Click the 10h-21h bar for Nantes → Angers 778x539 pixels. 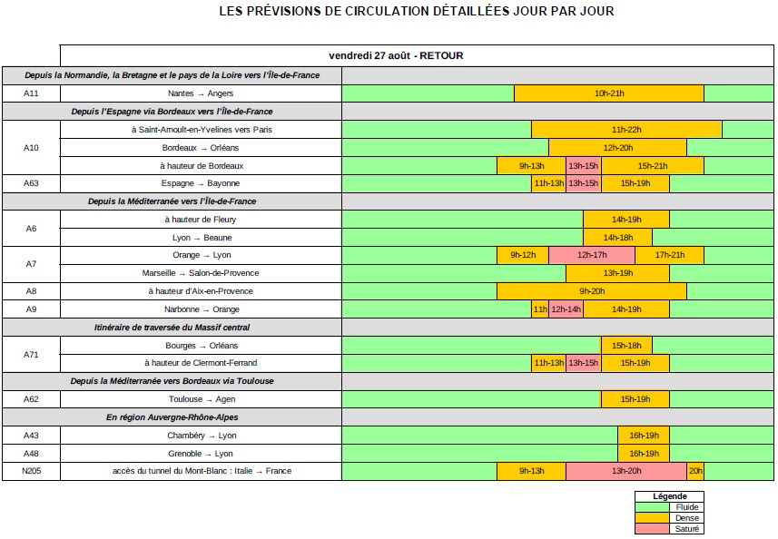coord(608,93)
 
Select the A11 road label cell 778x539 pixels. coord(31,93)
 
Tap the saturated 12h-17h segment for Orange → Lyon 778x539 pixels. coord(591,255)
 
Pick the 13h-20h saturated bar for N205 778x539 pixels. coord(625,471)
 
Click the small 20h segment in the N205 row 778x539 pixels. coord(695,471)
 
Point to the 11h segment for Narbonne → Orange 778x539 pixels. coord(540,309)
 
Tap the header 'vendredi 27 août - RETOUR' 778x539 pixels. coord(396,55)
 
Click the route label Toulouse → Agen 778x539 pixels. coord(201,399)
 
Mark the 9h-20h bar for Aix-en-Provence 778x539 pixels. coord(591,291)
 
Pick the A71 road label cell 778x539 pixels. coord(31,354)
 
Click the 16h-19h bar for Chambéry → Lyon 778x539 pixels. coord(644,436)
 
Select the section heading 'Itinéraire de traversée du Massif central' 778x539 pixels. coord(172,327)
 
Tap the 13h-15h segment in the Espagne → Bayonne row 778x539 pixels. coord(583,183)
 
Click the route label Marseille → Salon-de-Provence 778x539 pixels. coord(201,273)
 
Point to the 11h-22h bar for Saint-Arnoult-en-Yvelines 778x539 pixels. coord(626,130)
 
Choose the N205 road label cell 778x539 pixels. coord(31,471)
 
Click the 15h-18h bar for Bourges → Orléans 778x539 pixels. coord(626,346)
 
